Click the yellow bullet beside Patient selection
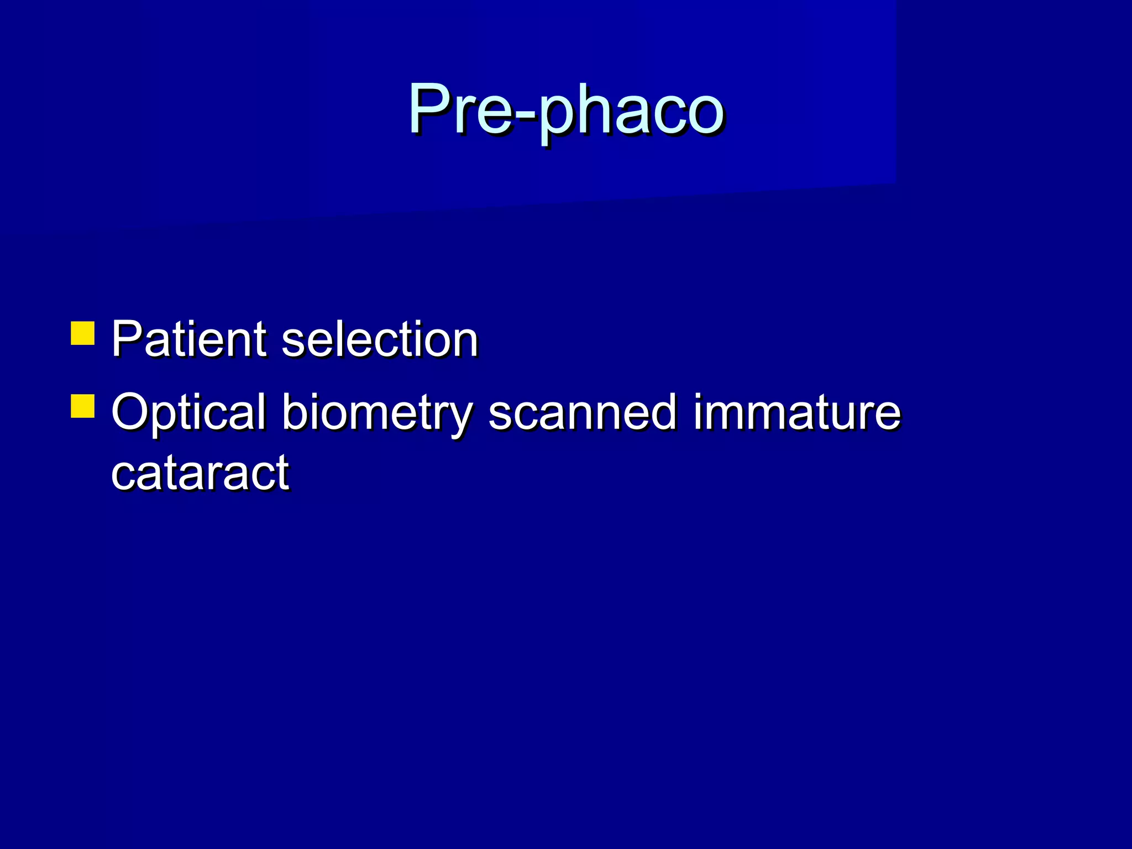(x=83, y=333)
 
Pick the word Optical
(x=188, y=412)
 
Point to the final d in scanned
(x=663, y=411)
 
